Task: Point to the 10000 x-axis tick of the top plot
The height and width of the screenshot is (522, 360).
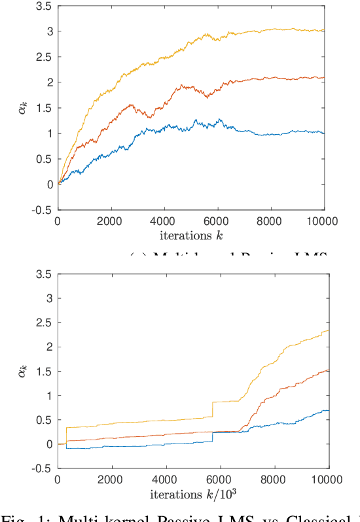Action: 325,221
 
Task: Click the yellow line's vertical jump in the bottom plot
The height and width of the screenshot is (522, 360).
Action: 212,409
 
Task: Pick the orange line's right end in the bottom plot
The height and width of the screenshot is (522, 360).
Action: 327,370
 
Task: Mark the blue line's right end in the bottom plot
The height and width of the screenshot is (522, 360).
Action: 327,410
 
